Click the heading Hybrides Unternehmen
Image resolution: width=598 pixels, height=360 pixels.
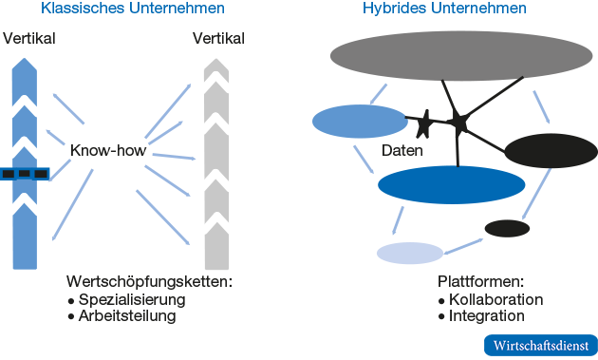click(445, 9)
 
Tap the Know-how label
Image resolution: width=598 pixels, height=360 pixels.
click(107, 150)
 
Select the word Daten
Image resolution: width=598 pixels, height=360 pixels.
click(402, 151)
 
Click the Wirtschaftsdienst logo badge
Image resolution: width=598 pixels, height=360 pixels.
click(540, 345)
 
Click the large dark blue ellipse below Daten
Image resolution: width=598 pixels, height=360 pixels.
click(451, 184)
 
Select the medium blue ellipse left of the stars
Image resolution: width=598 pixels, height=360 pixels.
click(360, 122)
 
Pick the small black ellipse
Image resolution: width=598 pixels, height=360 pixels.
click(507, 228)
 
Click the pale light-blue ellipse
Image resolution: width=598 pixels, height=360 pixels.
click(410, 253)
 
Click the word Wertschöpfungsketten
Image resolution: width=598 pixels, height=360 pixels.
click(149, 282)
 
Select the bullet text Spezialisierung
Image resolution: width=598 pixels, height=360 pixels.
click(132, 299)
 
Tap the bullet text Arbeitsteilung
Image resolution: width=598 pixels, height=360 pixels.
click(127, 316)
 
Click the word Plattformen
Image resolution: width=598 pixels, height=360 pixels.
click(480, 282)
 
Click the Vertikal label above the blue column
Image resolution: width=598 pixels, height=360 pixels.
click(29, 39)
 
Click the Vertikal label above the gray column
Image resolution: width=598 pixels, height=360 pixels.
click(218, 39)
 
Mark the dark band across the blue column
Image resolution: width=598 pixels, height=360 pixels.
click(25, 174)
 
